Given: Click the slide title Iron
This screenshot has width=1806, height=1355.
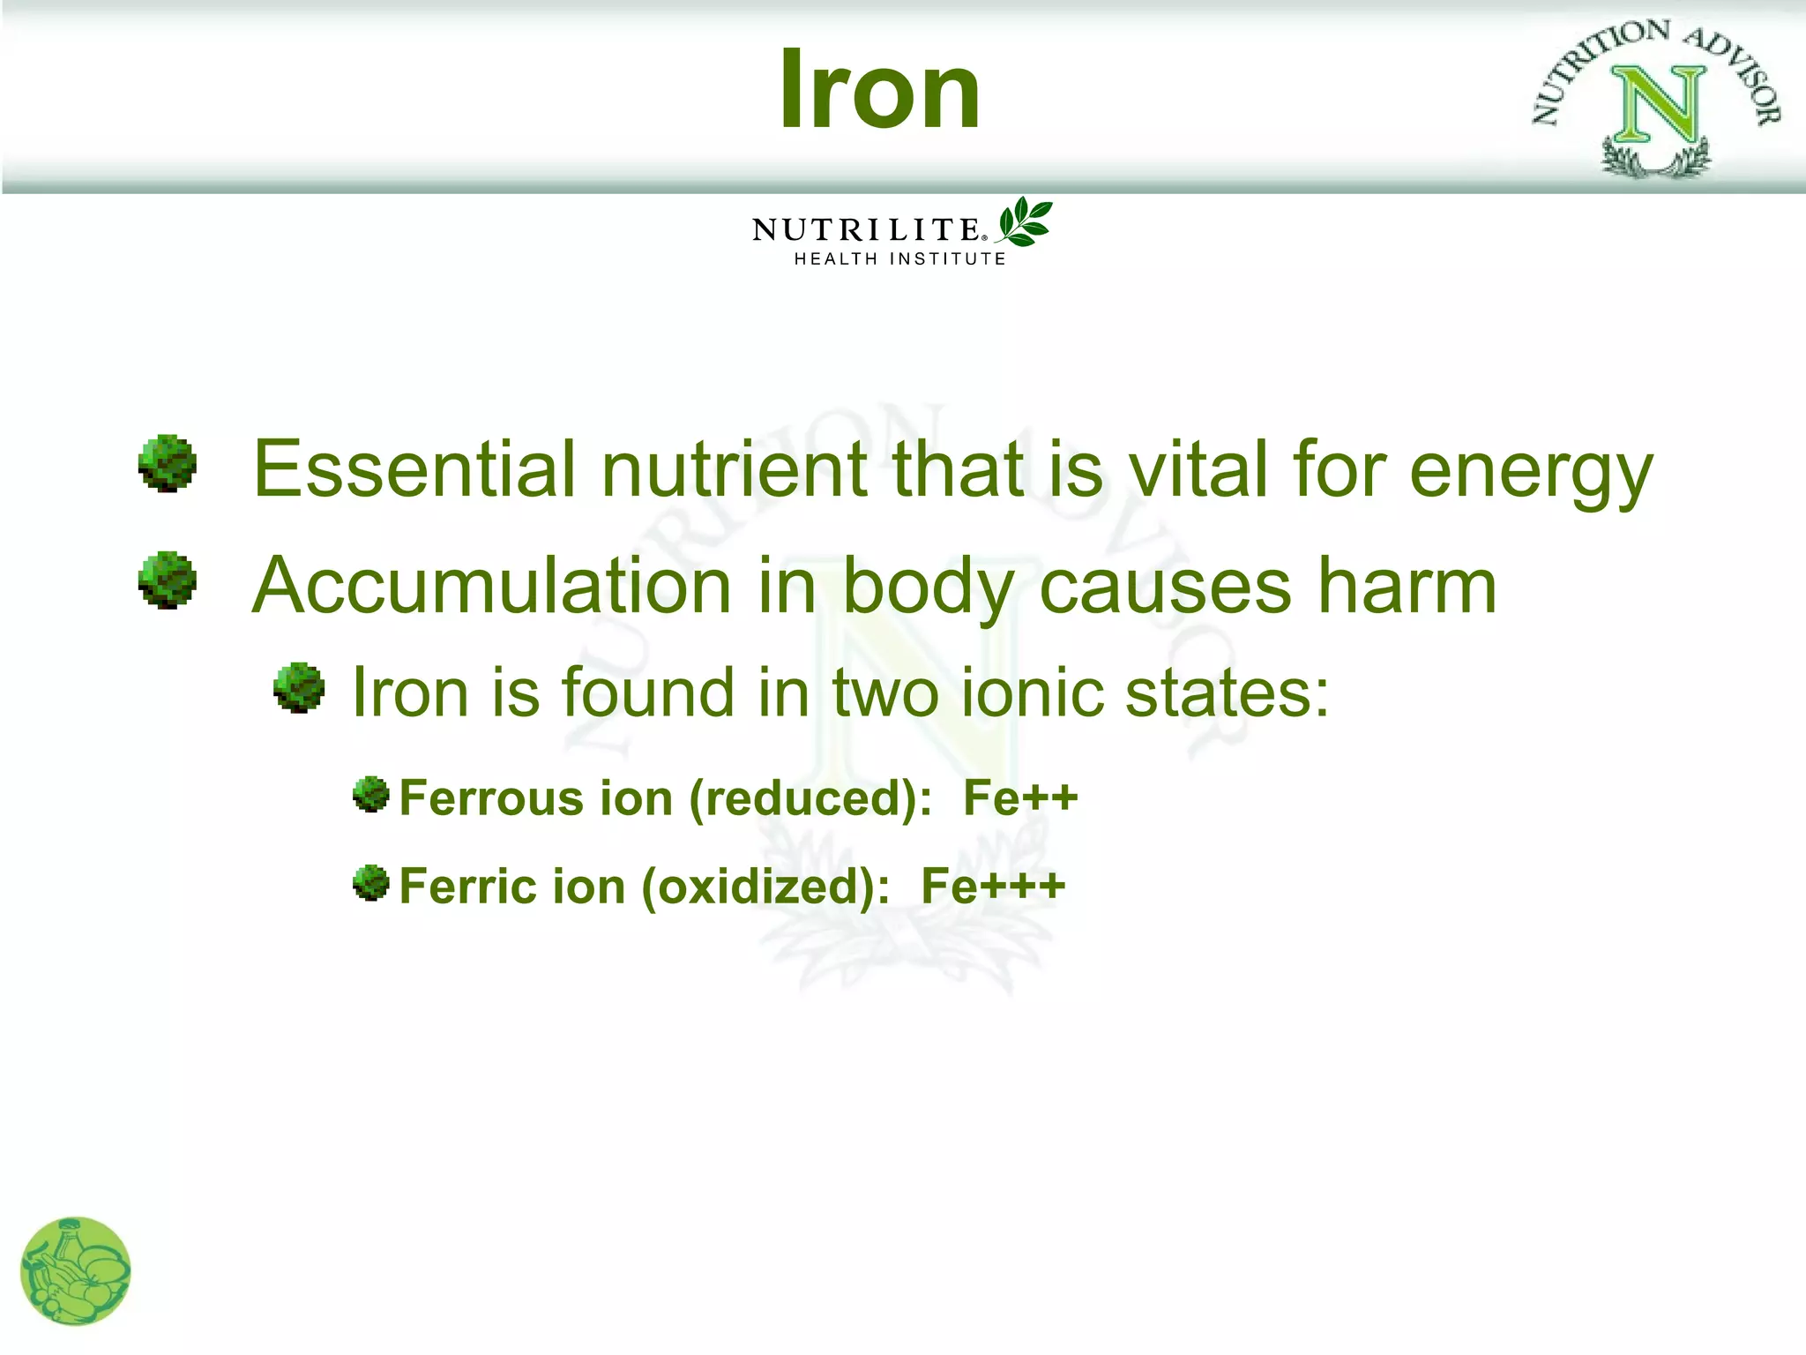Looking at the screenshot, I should click(879, 90).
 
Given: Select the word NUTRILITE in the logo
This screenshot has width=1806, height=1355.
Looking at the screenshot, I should click(866, 229).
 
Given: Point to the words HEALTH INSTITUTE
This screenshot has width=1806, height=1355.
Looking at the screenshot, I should click(899, 258).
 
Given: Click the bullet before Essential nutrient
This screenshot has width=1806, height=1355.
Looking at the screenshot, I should click(168, 463).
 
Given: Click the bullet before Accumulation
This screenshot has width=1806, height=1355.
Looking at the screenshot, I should click(168, 580).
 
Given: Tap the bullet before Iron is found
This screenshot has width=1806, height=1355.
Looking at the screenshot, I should click(299, 688).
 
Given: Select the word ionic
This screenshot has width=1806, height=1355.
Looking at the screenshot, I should click(1032, 692).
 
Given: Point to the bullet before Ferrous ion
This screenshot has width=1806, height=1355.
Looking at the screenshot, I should click(371, 795).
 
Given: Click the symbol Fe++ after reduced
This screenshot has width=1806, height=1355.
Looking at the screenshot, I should click(1020, 797).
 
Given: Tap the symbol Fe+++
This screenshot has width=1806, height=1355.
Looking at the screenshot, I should click(993, 886).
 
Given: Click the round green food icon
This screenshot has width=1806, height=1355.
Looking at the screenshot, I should click(76, 1270).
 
